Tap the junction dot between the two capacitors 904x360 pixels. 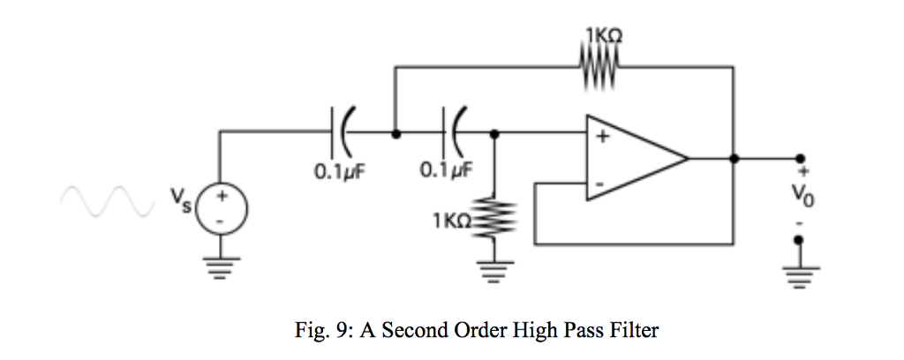[x=397, y=134]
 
